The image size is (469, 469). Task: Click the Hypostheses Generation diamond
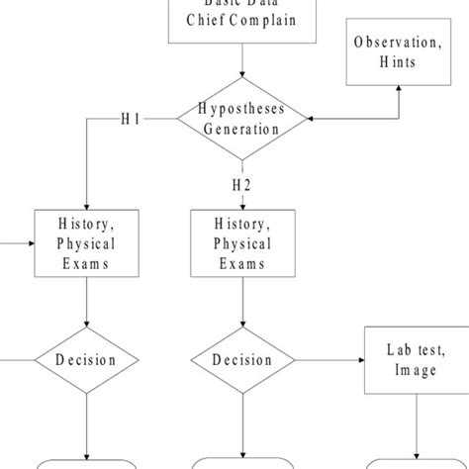pos(242,119)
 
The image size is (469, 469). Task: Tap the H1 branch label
pos(131,120)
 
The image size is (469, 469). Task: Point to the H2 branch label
pos(242,185)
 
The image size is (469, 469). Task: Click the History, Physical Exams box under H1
pos(87,243)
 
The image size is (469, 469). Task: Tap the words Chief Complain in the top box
pos(242,21)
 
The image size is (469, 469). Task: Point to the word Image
pos(413,371)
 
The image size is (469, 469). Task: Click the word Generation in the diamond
pos(242,129)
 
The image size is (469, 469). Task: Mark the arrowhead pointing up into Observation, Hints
pos(399,89)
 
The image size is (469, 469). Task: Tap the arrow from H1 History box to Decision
pos(87,302)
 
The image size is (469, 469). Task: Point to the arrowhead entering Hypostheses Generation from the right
pos(313,119)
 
